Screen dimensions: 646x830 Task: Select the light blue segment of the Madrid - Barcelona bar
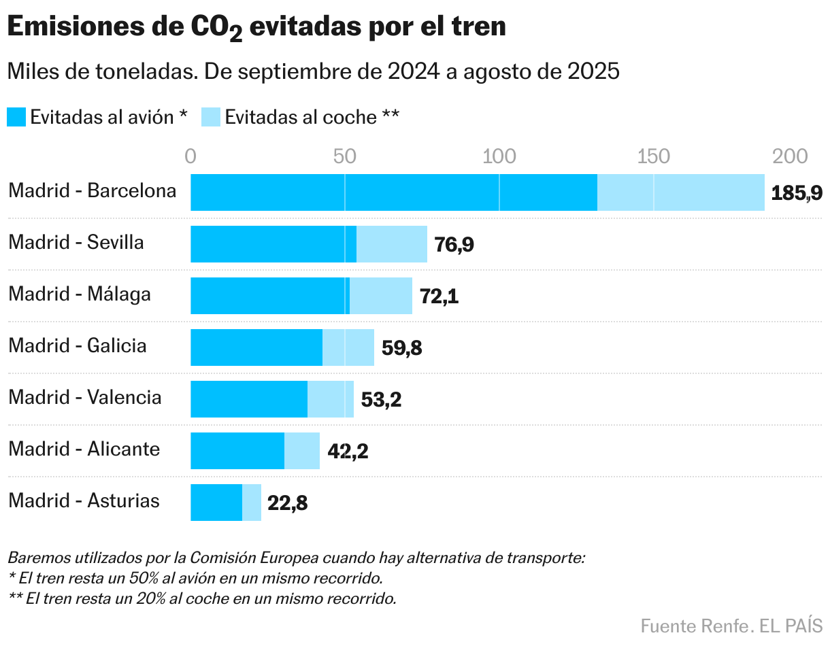pos(680,192)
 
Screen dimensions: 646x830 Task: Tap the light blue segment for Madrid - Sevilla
pos(392,244)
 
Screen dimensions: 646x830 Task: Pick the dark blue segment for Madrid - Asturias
pos(216,503)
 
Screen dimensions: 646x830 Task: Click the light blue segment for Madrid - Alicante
pos(302,451)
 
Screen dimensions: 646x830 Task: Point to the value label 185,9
pos(797,194)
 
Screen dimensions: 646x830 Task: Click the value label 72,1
pos(439,296)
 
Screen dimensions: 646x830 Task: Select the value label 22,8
pos(287,504)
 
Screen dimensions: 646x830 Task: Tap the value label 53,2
pos(381,400)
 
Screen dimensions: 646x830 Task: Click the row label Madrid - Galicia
pos(78,345)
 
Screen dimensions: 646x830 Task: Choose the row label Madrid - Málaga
pos(80,294)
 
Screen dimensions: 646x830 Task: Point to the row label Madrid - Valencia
pos(85,397)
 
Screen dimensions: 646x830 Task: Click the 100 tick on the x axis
pos(499,156)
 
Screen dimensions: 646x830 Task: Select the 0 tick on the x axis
pos(190,156)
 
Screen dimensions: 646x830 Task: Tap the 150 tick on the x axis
pos(653,156)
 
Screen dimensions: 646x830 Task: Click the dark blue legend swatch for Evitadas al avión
pos(17,117)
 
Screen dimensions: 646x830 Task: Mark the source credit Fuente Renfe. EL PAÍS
pos(731,625)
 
